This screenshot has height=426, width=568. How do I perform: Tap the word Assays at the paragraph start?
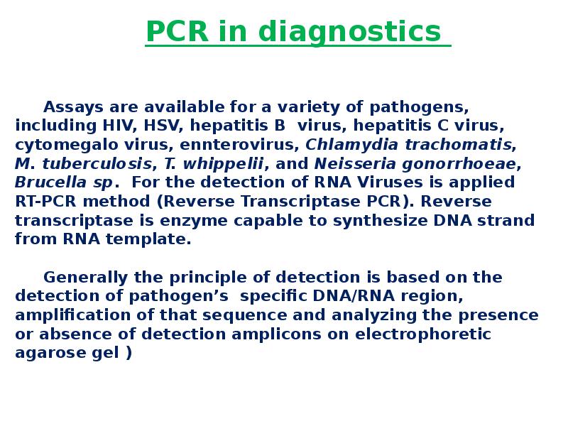(x=74, y=107)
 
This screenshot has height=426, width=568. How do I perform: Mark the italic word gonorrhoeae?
(x=457, y=164)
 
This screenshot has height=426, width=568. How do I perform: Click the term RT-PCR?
(x=45, y=202)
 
